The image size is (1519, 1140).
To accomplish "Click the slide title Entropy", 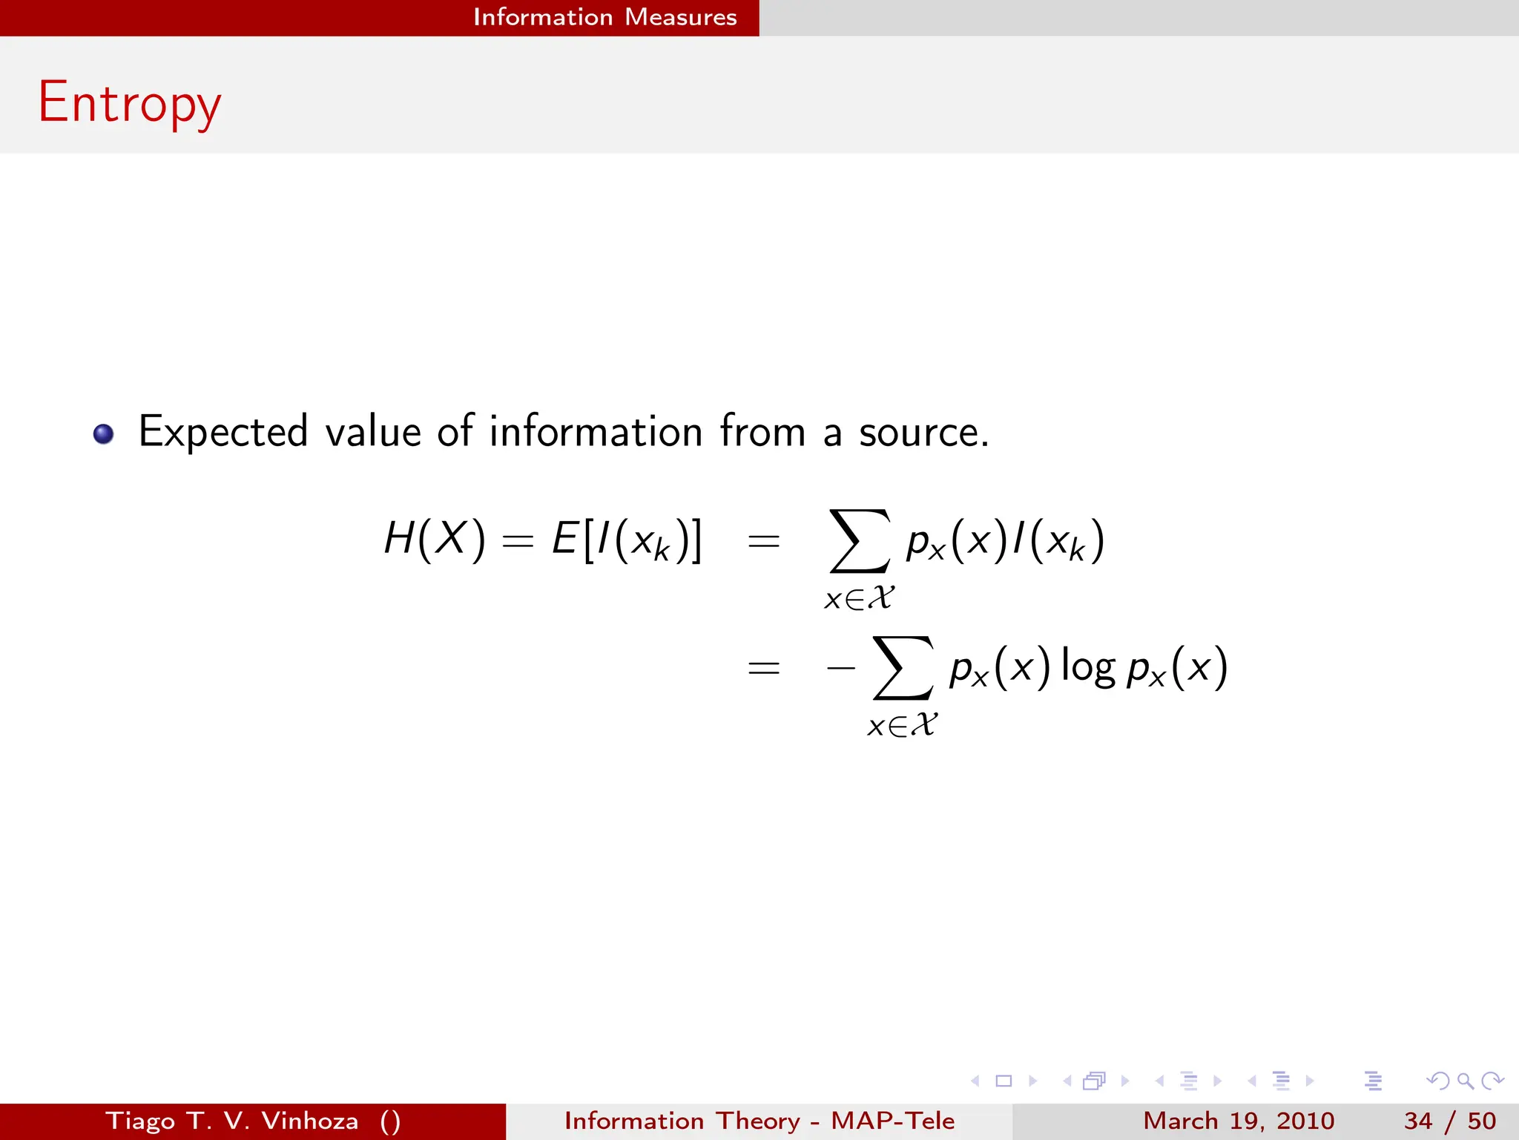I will [129, 103].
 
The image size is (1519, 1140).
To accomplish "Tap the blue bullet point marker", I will [103, 433].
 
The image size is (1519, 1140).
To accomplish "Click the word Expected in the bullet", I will [223, 432].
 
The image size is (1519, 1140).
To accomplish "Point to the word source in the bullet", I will [923, 432].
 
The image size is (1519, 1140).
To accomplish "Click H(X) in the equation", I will [435, 538].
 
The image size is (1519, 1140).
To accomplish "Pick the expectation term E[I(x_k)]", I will [627, 540].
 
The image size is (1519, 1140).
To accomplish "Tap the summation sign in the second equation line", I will [903, 667].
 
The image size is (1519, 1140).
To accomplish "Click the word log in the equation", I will [1088, 666].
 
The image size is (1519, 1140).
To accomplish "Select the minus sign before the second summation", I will [841, 668].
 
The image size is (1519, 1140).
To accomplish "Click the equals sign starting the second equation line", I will [763, 668].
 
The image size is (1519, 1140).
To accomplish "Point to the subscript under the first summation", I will [860, 598].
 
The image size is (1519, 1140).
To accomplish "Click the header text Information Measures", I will [604, 17].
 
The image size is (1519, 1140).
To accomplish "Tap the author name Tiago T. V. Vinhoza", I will [232, 1121].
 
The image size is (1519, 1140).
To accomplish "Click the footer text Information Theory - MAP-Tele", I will [759, 1121].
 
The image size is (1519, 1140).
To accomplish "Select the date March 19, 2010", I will [1239, 1121].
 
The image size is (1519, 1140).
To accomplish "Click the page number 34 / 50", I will [1450, 1121].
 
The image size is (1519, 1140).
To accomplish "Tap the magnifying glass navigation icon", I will [1465, 1081].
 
